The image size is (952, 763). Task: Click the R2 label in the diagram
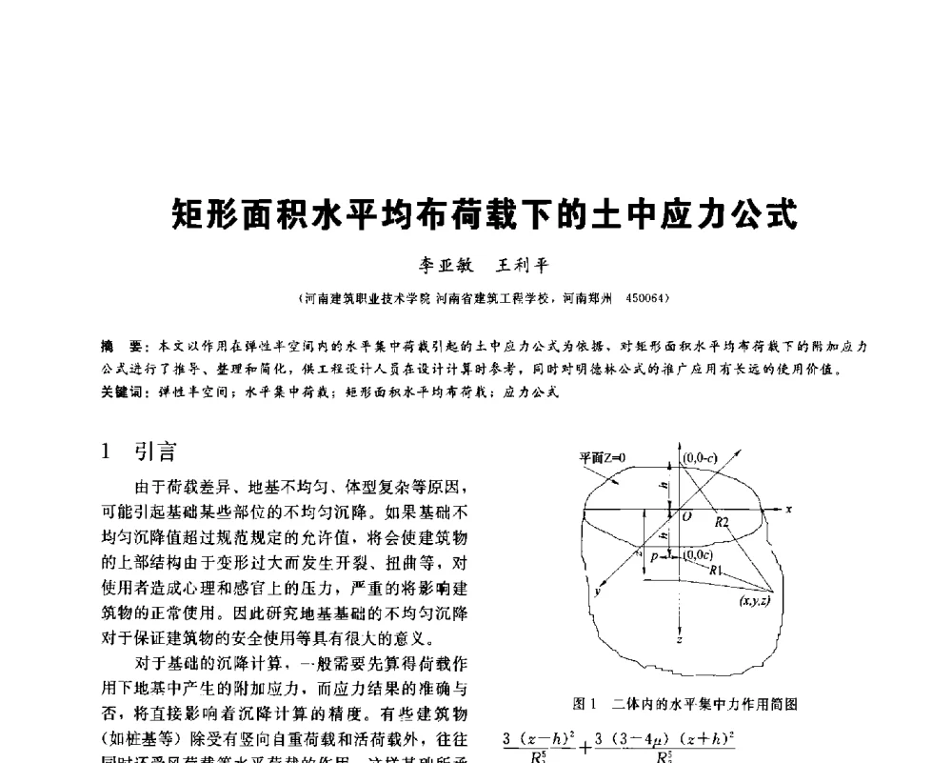tap(723, 522)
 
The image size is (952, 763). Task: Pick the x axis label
tap(789, 510)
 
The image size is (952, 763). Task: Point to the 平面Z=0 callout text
tap(604, 457)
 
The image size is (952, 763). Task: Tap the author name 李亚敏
tap(434, 266)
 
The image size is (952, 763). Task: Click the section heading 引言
tap(154, 451)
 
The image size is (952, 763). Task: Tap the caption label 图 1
tap(585, 705)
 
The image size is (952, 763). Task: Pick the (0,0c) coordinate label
tap(698, 554)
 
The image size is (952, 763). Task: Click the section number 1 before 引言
tap(108, 451)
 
